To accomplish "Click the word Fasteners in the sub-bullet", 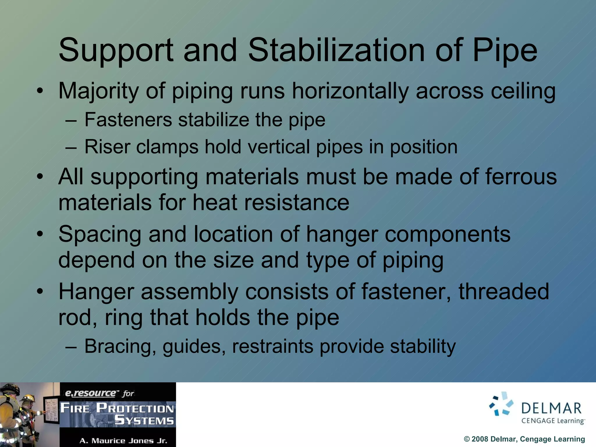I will [128, 120].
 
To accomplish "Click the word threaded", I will [503, 291].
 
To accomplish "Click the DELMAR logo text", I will [551, 409].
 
